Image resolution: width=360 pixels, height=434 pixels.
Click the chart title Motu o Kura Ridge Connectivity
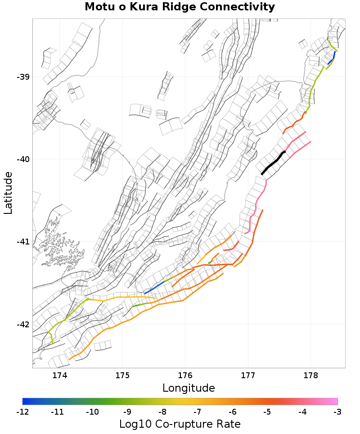[180, 7]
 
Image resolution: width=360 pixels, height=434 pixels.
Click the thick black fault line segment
[273, 163]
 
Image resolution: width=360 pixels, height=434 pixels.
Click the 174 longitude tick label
[60, 375]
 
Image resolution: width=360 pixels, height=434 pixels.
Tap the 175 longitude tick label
[122, 375]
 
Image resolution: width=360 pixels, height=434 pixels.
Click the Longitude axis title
[189, 388]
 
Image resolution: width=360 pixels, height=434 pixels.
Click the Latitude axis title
[8, 193]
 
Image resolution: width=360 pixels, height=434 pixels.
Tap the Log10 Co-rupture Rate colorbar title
[180, 424]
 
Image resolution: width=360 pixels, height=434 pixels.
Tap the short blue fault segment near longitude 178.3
[332, 59]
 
